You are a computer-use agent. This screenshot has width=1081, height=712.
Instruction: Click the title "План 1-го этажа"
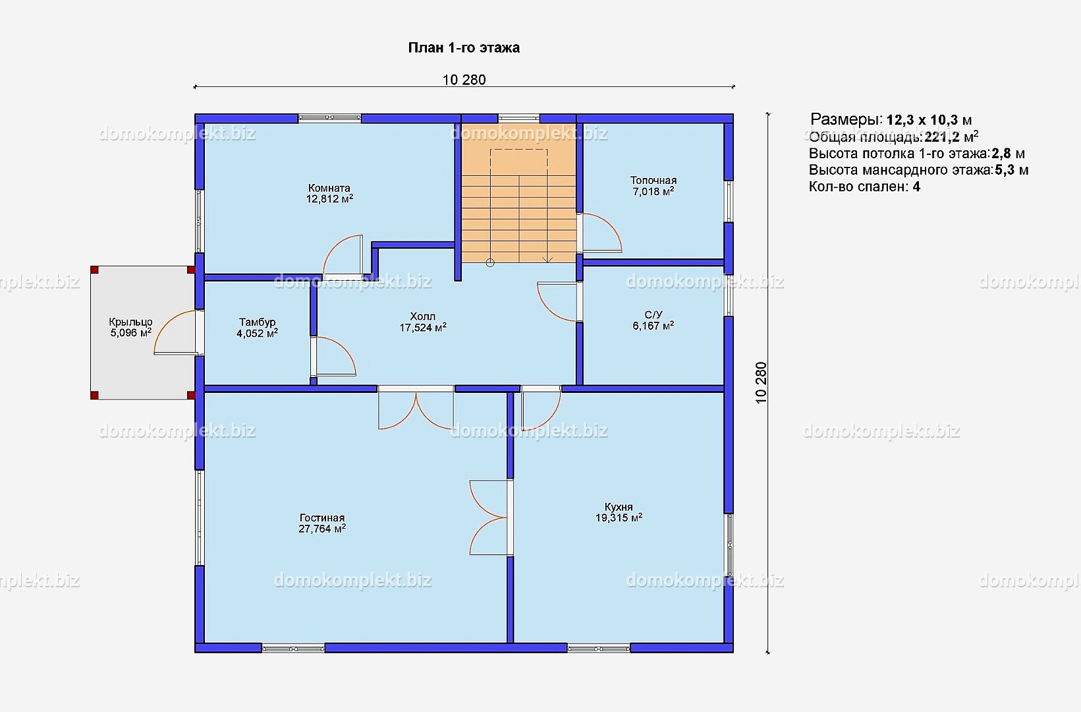coord(464,48)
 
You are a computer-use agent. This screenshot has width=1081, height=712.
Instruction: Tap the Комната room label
coord(329,188)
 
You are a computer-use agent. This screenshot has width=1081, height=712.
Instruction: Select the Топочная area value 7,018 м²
coord(653,191)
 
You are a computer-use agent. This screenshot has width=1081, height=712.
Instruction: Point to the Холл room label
coord(423,316)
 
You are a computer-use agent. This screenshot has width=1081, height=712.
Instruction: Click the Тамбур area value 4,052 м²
coord(257,333)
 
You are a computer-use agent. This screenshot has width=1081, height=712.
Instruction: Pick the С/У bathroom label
coord(653,314)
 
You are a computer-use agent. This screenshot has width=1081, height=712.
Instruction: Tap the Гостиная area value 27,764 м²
coord(322,529)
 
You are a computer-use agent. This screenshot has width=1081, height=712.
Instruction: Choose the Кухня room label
coord(619,507)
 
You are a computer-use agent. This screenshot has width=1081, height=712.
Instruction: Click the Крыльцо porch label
coord(131,322)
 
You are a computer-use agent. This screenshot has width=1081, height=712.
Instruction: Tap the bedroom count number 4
coord(916,187)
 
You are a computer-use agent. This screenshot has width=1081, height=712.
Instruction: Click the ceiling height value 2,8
coord(1001,154)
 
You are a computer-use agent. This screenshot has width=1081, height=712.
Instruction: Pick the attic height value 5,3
coord(1005,170)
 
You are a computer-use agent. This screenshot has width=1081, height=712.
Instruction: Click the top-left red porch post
coord(95,270)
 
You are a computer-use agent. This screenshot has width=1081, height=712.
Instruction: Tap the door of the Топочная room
coord(600,233)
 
